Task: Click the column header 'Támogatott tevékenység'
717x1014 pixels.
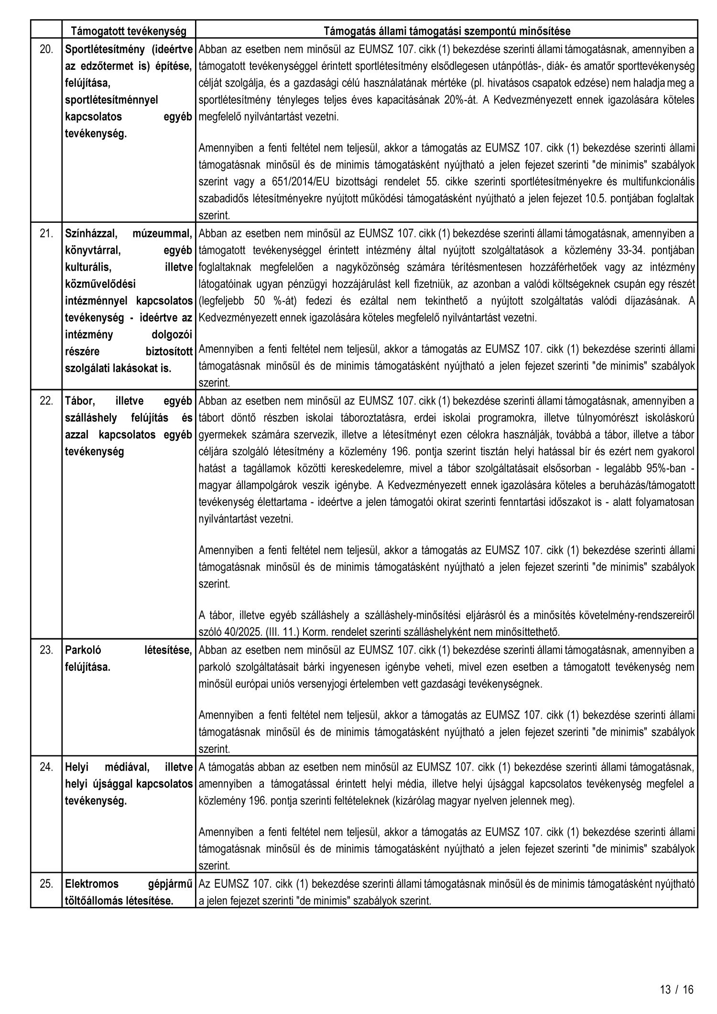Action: pyautogui.click(x=128, y=32)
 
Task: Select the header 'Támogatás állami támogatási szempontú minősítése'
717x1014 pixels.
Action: pyautogui.click(x=446, y=32)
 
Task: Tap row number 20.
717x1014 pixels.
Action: pyautogui.click(x=46, y=49)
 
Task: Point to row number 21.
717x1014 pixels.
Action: pyautogui.click(x=46, y=234)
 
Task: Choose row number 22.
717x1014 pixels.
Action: pyautogui.click(x=46, y=401)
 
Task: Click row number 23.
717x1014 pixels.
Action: pyautogui.click(x=46, y=650)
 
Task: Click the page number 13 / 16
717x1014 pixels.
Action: pyautogui.click(x=676, y=989)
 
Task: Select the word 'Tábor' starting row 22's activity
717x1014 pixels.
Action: pyautogui.click(x=79, y=401)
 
